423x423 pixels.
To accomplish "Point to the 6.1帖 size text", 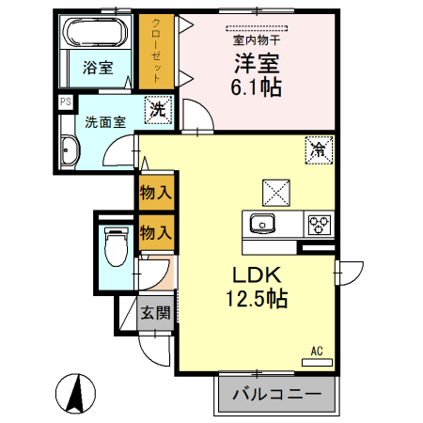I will click(x=258, y=89).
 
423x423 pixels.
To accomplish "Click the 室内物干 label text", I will click(x=256, y=39).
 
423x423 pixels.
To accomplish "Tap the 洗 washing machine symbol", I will click(x=160, y=110).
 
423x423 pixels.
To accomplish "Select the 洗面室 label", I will click(x=104, y=121).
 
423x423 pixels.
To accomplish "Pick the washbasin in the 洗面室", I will click(x=69, y=151).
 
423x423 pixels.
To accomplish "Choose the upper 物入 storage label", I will click(x=155, y=194).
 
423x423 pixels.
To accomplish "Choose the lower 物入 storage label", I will click(x=155, y=231).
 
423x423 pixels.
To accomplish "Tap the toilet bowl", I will click(x=116, y=249).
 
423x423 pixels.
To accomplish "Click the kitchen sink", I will click(x=261, y=224).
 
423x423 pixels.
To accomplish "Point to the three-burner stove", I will click(x=321, y=225).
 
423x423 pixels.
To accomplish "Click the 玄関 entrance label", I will click(x=156, y=314).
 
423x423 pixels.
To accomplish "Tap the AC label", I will click(x=317, y=351).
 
